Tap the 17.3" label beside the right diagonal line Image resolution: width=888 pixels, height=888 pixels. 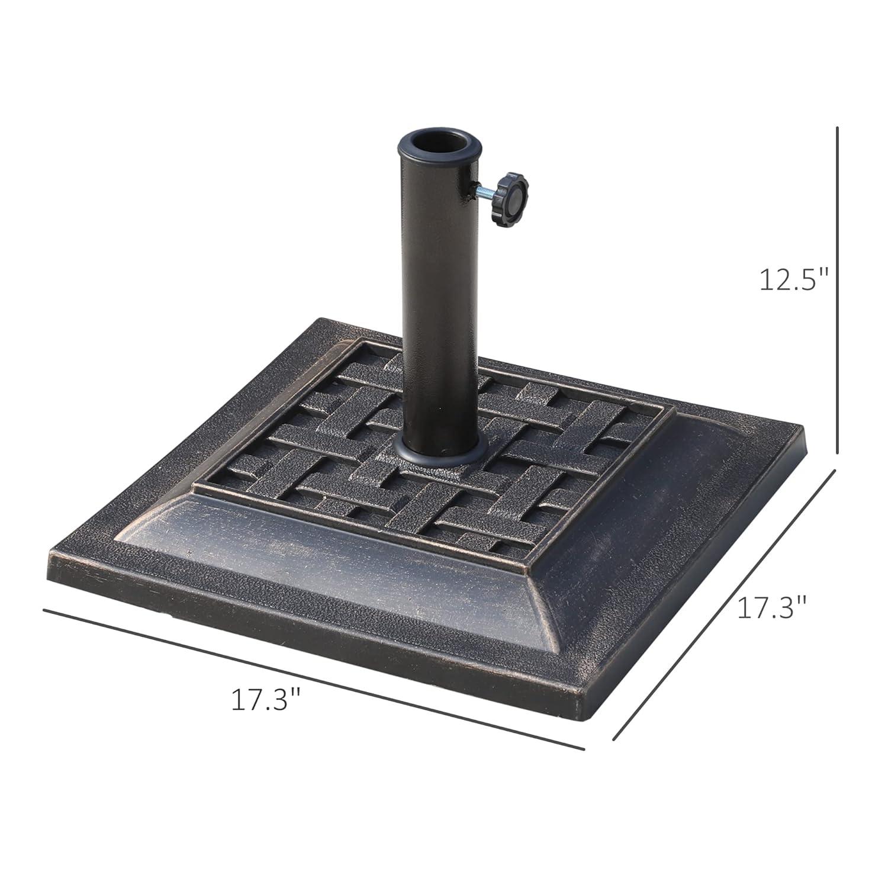(x=772, y=607)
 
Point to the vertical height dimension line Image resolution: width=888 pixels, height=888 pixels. (x=837, y=290)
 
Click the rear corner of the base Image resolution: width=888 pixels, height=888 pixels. (x=323, y=320)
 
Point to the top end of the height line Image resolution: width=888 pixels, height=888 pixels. (x=837, y=127)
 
